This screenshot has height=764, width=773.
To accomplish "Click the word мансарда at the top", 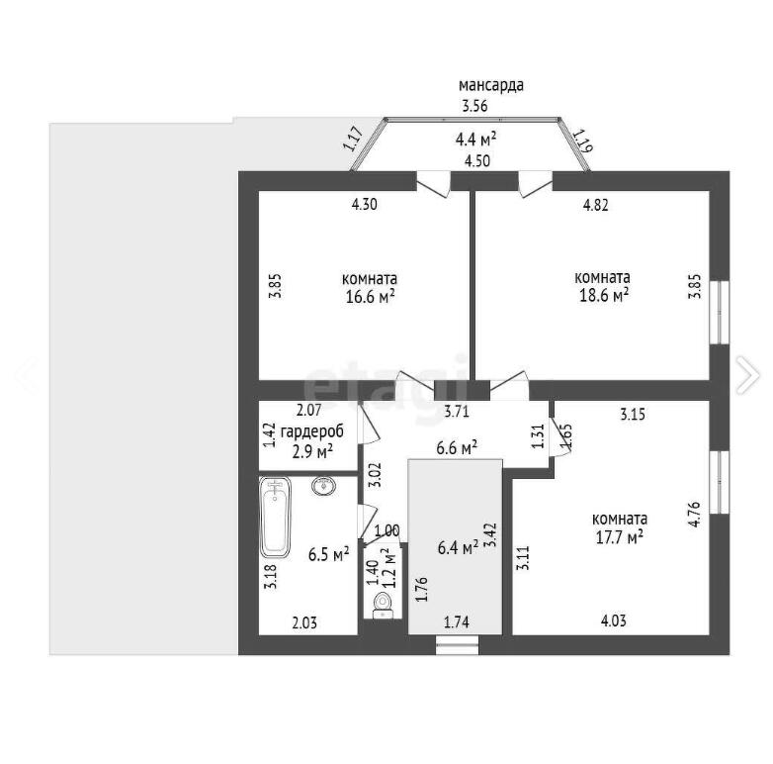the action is click(491, 85).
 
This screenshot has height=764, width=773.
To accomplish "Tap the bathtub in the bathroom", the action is click(275, 518).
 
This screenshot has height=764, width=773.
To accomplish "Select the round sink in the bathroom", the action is click(324, 486).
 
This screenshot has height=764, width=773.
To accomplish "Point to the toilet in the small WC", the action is click(383, 606).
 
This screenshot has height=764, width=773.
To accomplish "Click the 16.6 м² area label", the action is click(371, 297).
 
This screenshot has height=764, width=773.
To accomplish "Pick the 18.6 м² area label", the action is click(604, 296).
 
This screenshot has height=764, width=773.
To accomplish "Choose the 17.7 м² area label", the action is click(619, 537).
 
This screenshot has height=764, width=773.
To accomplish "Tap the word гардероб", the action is click(312, 431).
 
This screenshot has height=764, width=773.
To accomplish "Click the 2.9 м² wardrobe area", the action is click(312, 451).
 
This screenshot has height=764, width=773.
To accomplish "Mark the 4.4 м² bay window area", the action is click(475, 140).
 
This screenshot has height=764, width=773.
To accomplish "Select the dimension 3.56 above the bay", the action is click(474, 106).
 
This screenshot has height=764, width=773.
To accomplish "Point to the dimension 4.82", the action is click(595, 205).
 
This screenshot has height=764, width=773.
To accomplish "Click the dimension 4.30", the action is click(365, 204).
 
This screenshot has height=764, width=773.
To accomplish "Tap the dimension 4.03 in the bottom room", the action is click(614, 621).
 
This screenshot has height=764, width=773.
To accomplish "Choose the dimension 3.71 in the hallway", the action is click(457, 412).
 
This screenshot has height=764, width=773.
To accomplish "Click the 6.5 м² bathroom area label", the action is click(329, 554).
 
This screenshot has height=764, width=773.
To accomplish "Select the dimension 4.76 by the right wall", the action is click(694, 515).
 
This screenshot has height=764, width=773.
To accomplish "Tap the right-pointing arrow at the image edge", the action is click(747, 375).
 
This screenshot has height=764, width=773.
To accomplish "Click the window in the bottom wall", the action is click(457, 645).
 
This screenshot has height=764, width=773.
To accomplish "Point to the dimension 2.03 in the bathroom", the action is click(304, 622).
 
